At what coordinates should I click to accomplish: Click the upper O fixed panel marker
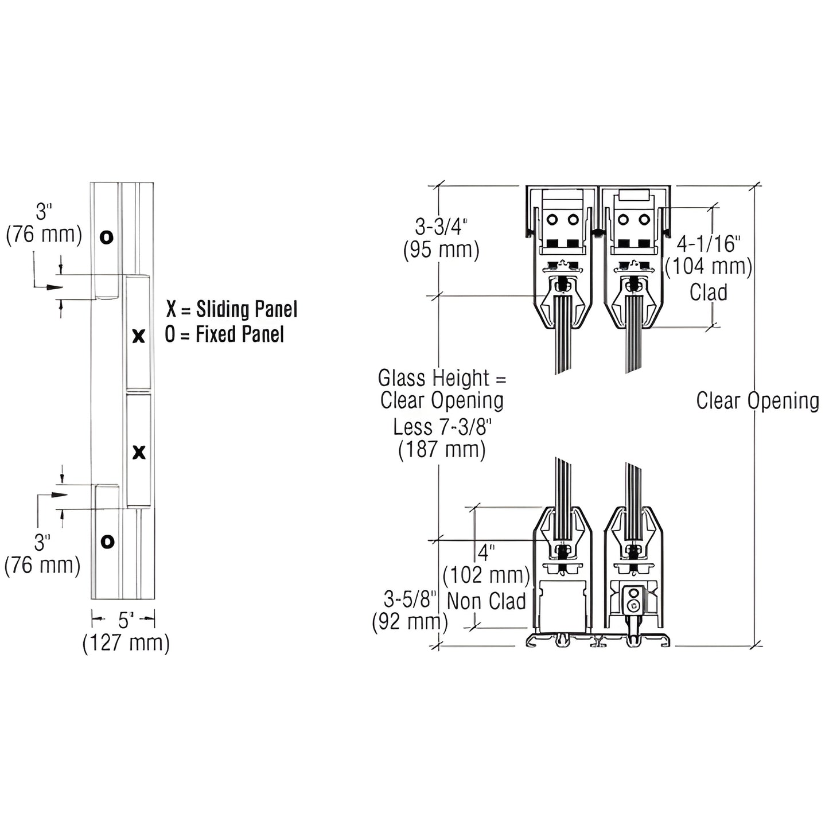106,237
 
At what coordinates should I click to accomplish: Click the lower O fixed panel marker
107,541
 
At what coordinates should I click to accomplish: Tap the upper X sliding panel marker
138,336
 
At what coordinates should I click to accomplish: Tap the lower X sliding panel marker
139,453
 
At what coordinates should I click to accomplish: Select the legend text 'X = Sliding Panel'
232,309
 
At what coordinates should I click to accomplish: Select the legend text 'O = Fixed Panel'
224,334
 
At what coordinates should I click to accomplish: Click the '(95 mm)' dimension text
441,250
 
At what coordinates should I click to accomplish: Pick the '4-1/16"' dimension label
709,244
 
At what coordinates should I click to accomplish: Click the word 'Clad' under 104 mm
709,292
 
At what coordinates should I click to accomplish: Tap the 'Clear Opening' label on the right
757,400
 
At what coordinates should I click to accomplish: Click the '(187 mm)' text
442,449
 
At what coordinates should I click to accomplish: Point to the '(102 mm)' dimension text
486,575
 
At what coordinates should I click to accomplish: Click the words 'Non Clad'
486,601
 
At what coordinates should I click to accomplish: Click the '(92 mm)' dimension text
410,622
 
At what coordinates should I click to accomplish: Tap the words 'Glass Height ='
442,378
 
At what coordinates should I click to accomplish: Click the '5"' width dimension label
126,619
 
